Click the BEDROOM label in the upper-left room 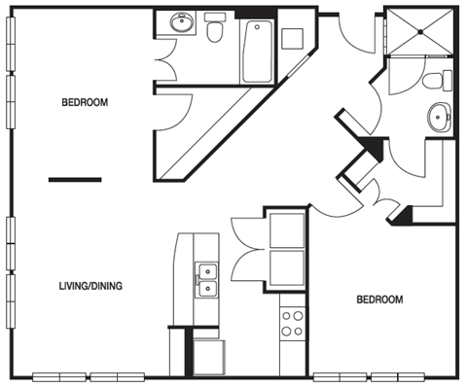coord(85,102)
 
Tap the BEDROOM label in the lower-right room coord(379,300)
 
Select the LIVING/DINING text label coord(90,286)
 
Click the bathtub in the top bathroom coord(257,52)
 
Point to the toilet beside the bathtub coord(215,27)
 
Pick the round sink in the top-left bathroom coord(181,22)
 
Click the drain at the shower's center coord(420,32)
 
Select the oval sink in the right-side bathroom coord(440,117)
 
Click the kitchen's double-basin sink coord(207,280)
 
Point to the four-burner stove coord(293,324)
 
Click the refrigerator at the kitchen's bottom coord(209,358)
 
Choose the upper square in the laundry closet coord(287,230)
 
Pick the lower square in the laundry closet coord(287,267)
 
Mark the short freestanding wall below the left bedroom coord(75,180)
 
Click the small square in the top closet coord(292,39)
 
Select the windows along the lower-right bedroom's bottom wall coord(369,377)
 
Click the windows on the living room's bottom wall coord(89,377)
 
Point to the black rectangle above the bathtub coord(256,14)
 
